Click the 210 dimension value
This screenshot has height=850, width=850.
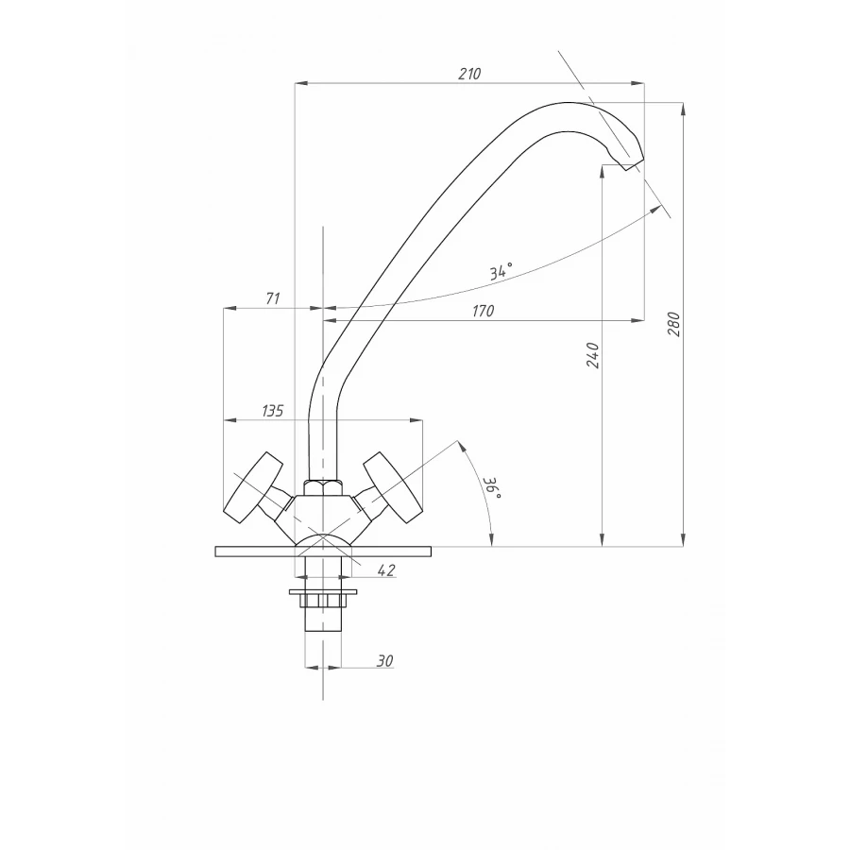(469, 74)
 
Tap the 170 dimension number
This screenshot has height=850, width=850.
(483, 311)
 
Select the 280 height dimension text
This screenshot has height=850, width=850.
(673, 324)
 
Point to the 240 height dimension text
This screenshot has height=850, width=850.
(593, 356)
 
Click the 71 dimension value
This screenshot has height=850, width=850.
(273, 298)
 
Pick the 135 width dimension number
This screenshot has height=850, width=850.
(273, 411)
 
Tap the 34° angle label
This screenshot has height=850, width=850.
(501, 270)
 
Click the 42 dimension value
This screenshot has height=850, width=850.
(385, 570)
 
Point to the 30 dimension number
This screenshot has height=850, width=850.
(384, 661)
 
